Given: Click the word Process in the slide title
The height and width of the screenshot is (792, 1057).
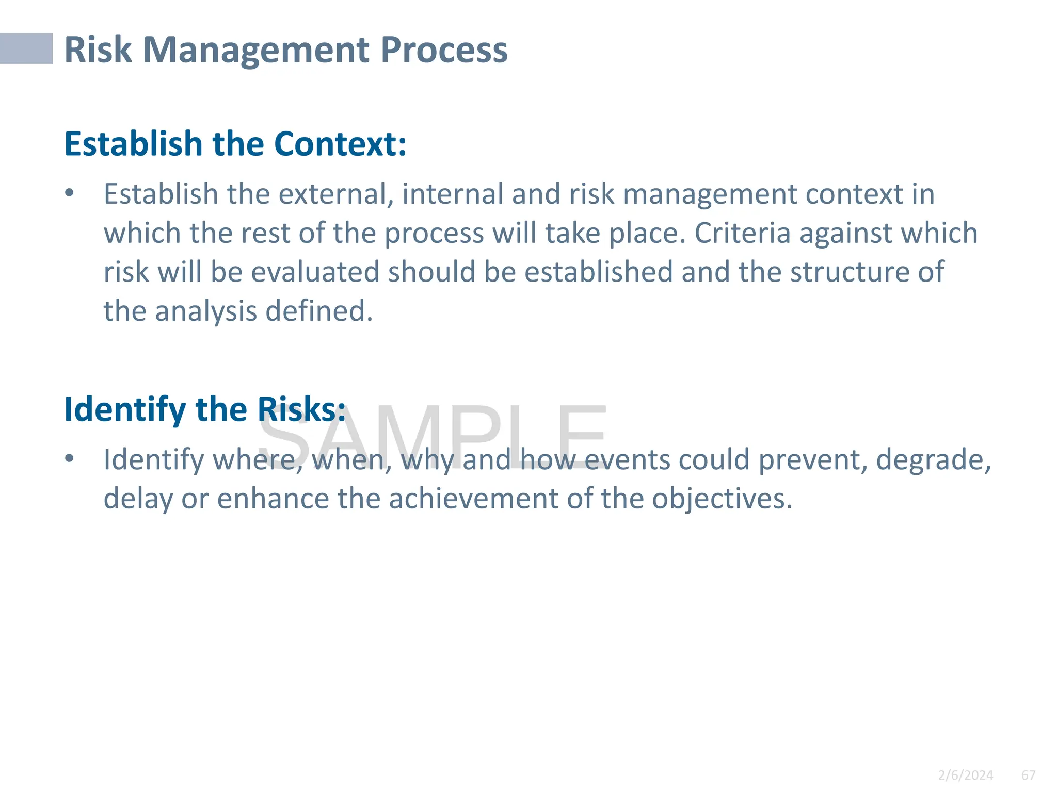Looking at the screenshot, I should pyautogui.click(x=444, y=50).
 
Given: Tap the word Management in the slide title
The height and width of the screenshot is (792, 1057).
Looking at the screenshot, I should pyautogui.click(x=256, y=50).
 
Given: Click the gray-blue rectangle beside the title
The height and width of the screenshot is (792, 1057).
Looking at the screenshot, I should pyautogui.click(x=26, y=48).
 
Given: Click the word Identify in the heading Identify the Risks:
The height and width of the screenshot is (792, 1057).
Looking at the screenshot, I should pyautogui.click(x=124, y=410).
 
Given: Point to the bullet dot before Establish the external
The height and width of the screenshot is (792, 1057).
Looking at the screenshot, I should pyautogui.click(x=70, y=193).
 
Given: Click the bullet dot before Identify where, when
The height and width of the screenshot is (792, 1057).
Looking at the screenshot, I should pyautogui.click(x=70, y=458).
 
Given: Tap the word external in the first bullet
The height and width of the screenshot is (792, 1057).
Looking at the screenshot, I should pyautogui.click(x=336, y=194).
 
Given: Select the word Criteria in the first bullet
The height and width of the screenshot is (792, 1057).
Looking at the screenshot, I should pyautogui.click(x=742, y=233).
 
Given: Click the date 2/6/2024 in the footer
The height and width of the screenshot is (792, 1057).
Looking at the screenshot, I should pyautogui.click(x=965, y=775).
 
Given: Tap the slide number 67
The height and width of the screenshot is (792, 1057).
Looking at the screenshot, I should pyautogui.click(x=1028, y=775).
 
